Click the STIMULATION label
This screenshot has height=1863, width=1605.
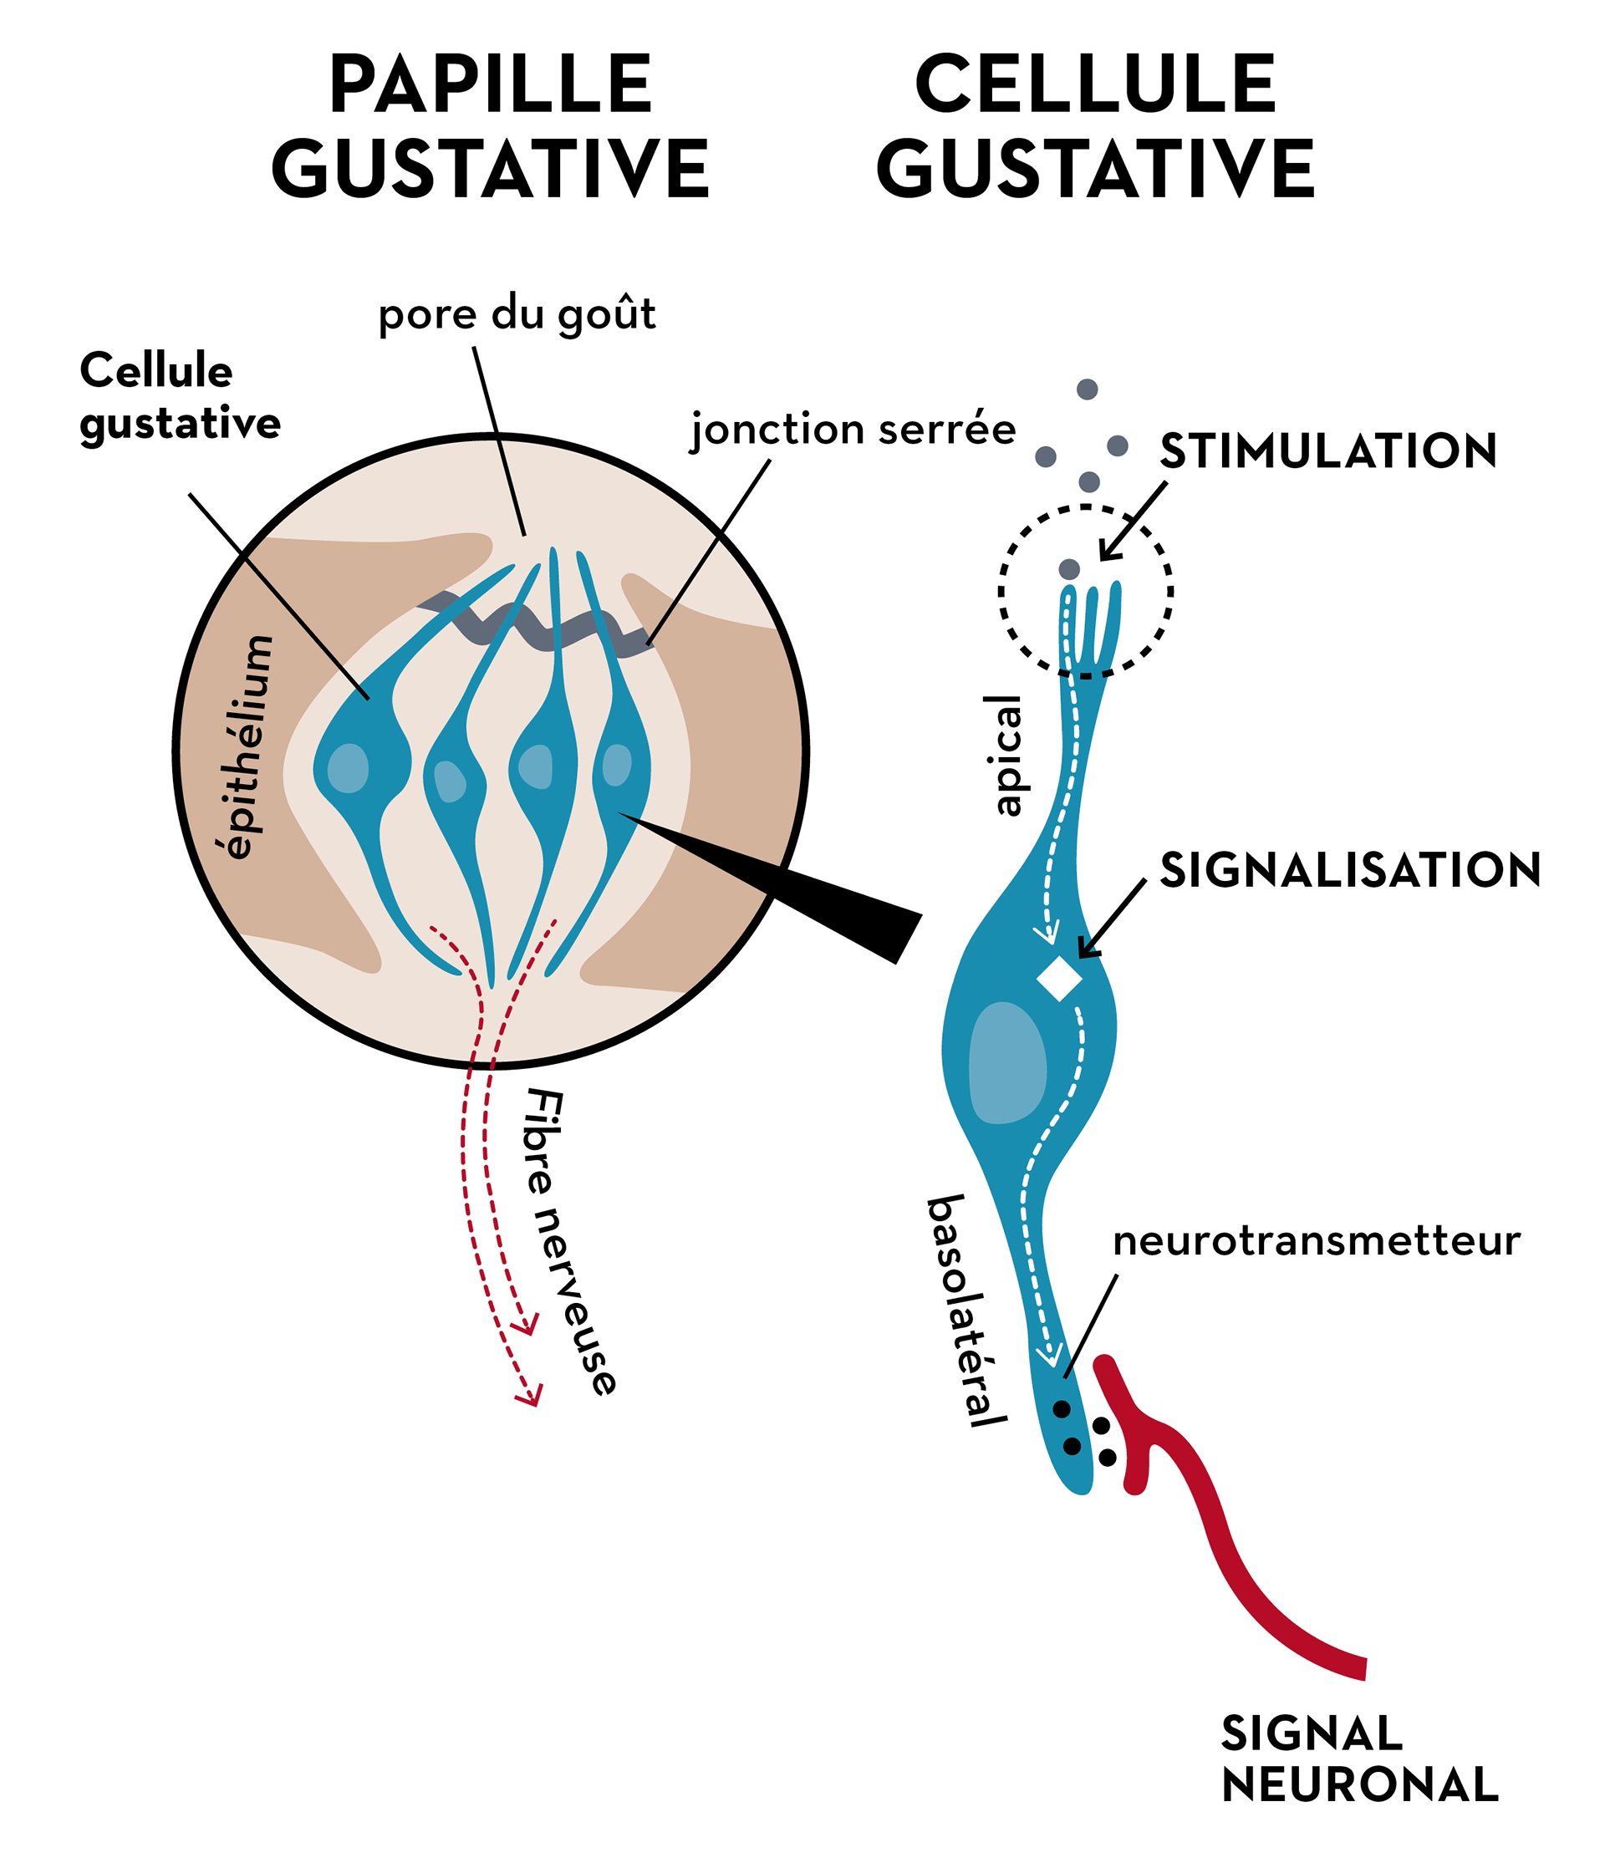(1327, 451)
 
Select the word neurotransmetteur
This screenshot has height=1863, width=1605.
(1317, 1241)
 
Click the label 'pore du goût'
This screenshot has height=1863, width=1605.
(517, 316)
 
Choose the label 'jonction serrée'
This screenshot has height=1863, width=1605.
(853, 430)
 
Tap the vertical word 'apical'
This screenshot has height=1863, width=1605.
(1007, 756)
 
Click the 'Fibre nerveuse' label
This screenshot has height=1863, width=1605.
(570, 1241)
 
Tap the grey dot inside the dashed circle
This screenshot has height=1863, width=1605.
(1069, 569)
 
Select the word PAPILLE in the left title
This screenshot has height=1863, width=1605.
(490, 84)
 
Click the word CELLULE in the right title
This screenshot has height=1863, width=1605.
(1095, 84)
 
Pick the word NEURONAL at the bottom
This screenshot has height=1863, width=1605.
(1359, 1784)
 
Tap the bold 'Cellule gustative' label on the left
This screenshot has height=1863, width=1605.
(180, 396)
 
